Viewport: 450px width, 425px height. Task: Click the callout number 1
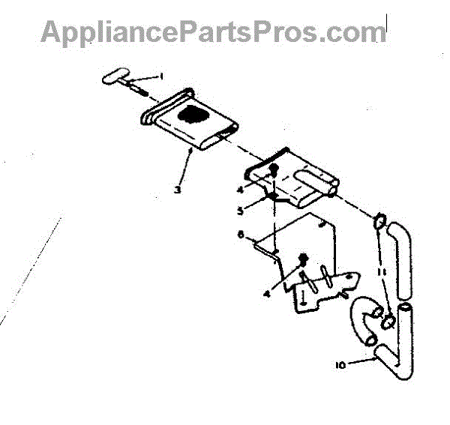pyautogui.click(x=159, y=76)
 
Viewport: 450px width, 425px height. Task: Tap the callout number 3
pyautogui.click(x=177, y=190)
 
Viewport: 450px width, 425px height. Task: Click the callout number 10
pyautogui.click(x=342, y=365)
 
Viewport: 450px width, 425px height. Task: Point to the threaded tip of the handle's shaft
pyautogui.click(x=140, y=94)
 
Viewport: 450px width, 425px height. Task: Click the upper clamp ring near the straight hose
pyautogui.click(x=378, y=221)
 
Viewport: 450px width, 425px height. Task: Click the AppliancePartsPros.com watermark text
pyautogui.click(x=214, y=31)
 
